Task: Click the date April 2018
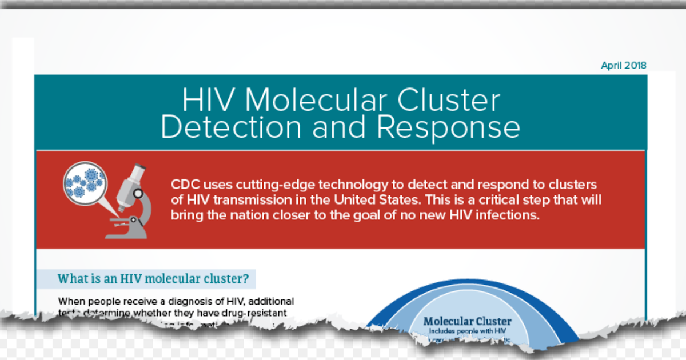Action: (x=623, y=66)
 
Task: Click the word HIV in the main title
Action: (x=208, y=101)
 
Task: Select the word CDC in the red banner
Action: (x=185, y=186)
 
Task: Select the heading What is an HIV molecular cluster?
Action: (x=153, y=279)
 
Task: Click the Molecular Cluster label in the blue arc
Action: (x=468, y=322)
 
